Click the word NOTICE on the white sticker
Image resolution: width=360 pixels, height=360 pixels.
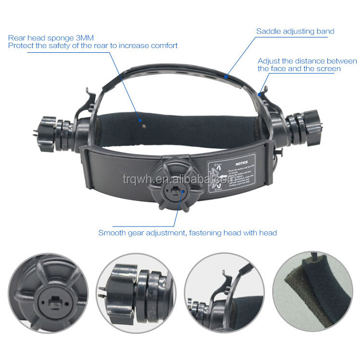click(241, 163)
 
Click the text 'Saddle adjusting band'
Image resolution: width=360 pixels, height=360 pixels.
click(295, 32)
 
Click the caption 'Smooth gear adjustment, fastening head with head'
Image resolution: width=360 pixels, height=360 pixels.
click(187, 233)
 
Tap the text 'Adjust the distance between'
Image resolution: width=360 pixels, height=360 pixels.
click(307, 61)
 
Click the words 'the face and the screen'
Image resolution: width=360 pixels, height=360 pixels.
click(299, 69)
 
